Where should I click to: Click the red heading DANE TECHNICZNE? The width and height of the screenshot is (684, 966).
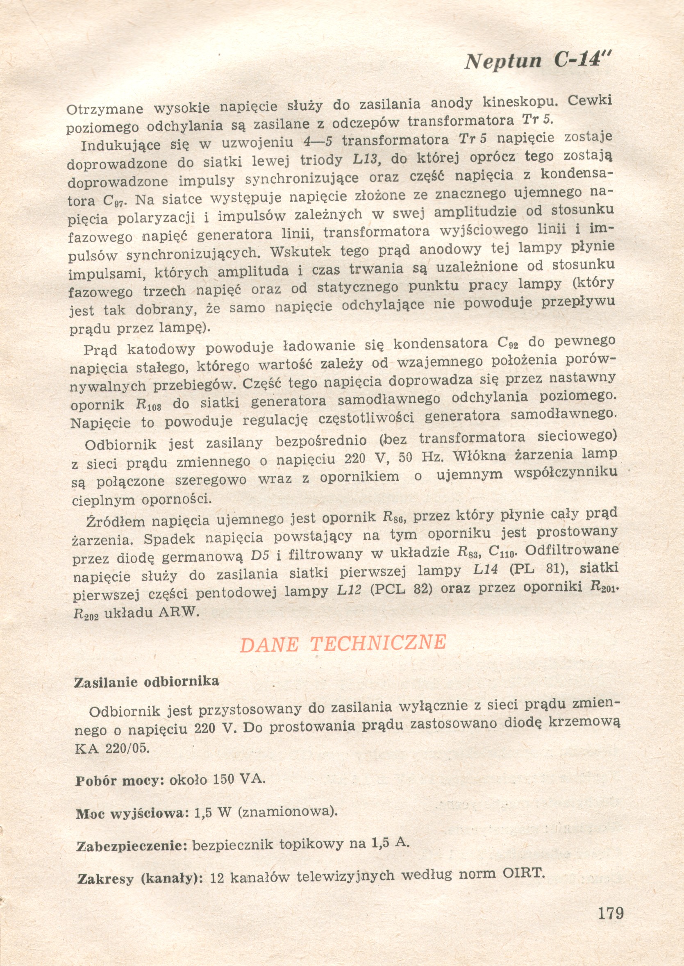point(343,644)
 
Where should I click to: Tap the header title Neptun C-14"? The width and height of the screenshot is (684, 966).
point(538,61)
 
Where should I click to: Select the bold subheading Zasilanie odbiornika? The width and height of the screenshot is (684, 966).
point(147,682)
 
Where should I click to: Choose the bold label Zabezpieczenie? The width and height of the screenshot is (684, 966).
point(132,846)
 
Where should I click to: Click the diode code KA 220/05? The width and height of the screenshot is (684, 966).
point(111,748)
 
